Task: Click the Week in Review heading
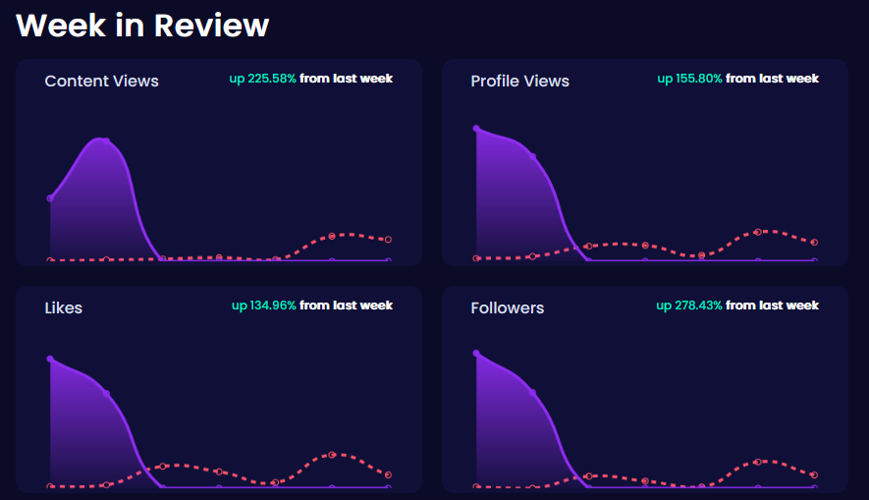pos(142,26)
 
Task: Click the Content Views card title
pos(101,82)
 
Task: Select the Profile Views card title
pos(519,82)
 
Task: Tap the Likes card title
pos(64,308)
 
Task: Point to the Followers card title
pos(507,308)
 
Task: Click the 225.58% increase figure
pos(262,79)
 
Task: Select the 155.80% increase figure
pos(689,79)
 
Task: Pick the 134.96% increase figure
pos(264,306)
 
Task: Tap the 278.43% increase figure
pos(689,306)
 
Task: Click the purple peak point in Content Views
pos(106,141)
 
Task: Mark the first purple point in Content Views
pos(50,198)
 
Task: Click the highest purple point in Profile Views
pos(476,129)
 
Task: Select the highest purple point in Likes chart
pos(50,360)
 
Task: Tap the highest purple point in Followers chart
pos(476,354)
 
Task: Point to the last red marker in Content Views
pos(389,240)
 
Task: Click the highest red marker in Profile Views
pos(758,232)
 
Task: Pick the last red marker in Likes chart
pos(389,475)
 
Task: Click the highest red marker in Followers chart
pos(758,461)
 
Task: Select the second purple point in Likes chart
pos(106,394)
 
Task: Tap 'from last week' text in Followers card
pos(772,306)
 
